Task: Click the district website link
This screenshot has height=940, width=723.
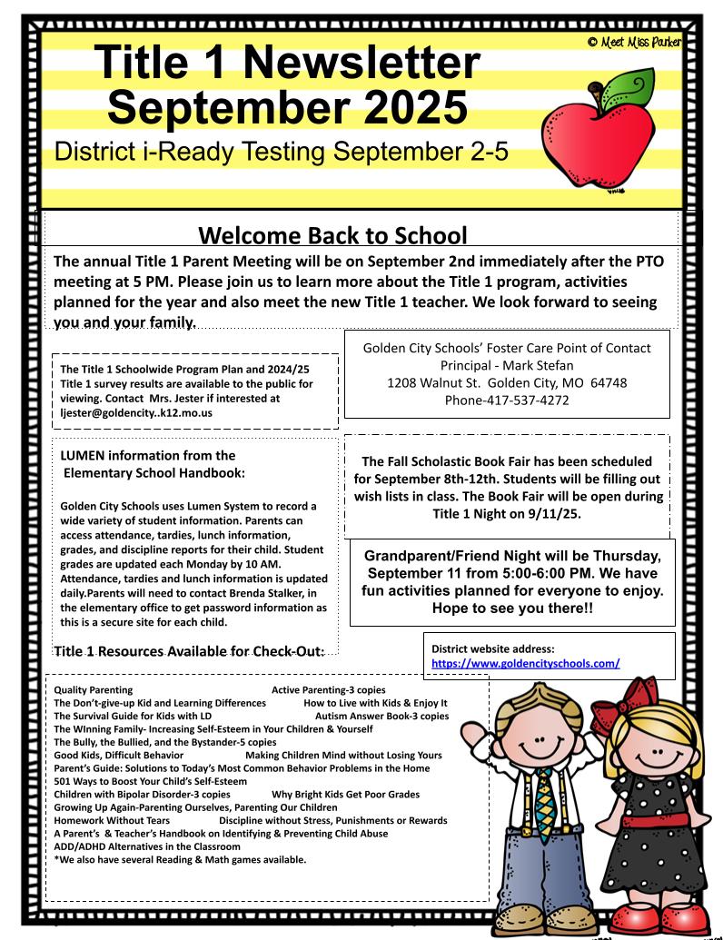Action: pos(525,664)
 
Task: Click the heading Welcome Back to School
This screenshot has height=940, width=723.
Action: pos(332,236)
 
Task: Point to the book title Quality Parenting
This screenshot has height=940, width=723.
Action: pos(94,689)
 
